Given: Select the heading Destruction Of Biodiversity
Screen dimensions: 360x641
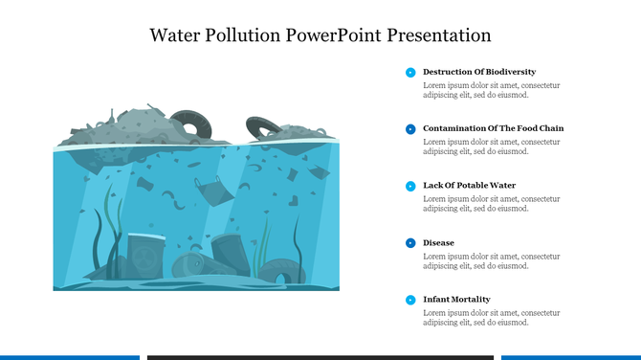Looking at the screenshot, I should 479,72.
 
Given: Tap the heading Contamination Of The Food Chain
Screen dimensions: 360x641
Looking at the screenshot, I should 494,128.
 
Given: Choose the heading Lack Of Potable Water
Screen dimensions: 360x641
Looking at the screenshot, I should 470,186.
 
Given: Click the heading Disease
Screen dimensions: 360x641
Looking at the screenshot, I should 439,243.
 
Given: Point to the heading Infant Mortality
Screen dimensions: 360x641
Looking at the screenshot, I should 456,300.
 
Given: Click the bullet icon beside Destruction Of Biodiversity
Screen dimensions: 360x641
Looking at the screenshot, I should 410,72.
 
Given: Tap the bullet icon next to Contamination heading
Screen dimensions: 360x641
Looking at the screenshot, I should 410,128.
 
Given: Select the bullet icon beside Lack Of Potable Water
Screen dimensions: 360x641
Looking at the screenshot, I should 410,186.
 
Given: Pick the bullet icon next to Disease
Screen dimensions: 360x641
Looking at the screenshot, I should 410,243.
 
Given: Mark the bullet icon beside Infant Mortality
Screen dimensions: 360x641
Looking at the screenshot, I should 410,300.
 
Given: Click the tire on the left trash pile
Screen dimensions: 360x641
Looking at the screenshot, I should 195,125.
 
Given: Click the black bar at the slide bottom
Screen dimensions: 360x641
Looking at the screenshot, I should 320,357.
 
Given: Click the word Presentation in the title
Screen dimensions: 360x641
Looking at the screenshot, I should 437,35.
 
